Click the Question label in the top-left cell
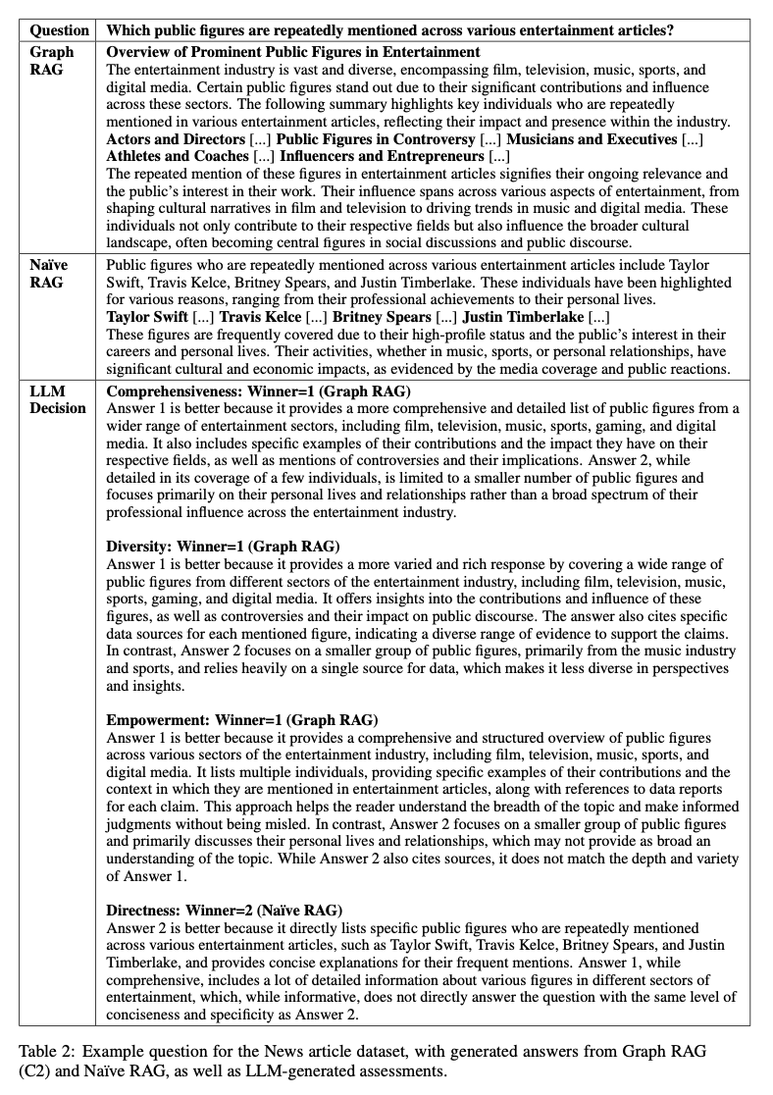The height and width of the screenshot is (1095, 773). click(x=60, y=30)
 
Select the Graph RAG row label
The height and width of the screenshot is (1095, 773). click(x=51, y=60)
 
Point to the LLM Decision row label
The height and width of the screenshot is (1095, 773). click(x=57, y=399)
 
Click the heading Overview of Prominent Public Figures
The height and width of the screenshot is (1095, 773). click(x=293, y=51)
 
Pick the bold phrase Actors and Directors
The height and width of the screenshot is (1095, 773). click(x=175, y=139)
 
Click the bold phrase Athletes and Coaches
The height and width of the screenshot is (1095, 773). click(x=178, y=156)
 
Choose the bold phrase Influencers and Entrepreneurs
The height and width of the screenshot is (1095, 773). click(x=382, y=156)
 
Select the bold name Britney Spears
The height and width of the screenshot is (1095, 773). click(x=382, y=317)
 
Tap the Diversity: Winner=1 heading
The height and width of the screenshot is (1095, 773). click(x=224, y=547)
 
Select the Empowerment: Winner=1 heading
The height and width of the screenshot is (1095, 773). click(x=242, y=720)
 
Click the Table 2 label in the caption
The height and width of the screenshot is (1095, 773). click(x=45, y=1051)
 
